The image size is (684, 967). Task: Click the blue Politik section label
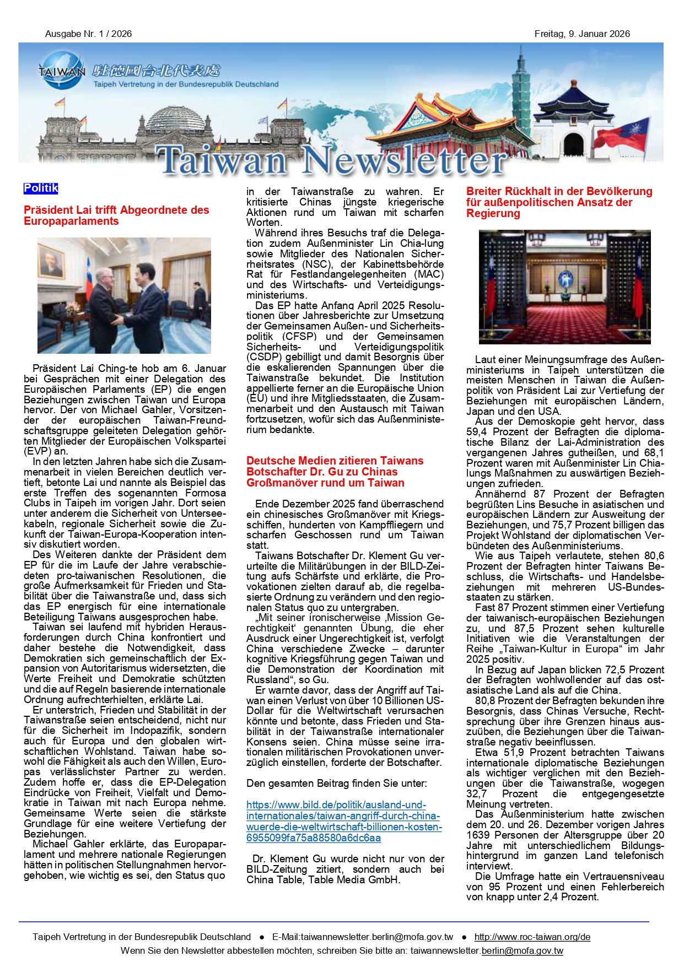coord(41,188)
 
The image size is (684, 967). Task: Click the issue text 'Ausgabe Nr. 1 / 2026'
coord(88,34)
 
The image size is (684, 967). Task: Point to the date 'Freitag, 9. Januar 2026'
coord(581,34)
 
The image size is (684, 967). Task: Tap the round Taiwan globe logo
coord(62,71)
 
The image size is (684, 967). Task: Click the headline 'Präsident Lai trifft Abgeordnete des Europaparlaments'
coord(116,215)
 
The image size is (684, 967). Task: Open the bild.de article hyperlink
coord(343,821)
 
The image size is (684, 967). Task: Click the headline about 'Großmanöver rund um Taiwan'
coord(335,472)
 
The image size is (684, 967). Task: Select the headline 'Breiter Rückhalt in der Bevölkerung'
coord(559,202)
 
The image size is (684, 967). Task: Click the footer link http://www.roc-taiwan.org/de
coord(532,937)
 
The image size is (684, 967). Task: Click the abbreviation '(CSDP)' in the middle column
coord(262,357)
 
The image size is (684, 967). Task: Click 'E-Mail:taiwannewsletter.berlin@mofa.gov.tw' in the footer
coord(362,937)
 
